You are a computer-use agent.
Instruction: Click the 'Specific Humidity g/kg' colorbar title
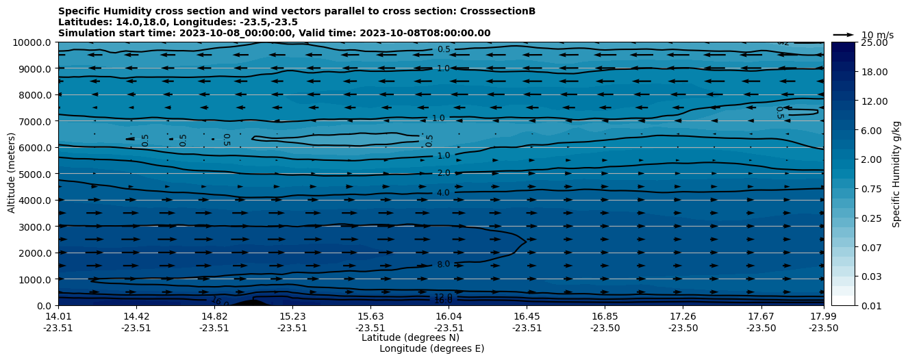tap(896, 174)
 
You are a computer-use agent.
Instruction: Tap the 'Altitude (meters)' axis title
tap(12, 174)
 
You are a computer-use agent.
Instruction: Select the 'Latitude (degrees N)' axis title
tap(410, 337)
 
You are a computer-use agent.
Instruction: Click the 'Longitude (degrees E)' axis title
tap(431, 348)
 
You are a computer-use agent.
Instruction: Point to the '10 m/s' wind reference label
tap(877, 35)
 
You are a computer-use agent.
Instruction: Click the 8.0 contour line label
tap(443, 264)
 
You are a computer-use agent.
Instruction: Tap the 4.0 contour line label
tap(443, 193)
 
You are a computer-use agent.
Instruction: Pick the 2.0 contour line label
tap(443, 174)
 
